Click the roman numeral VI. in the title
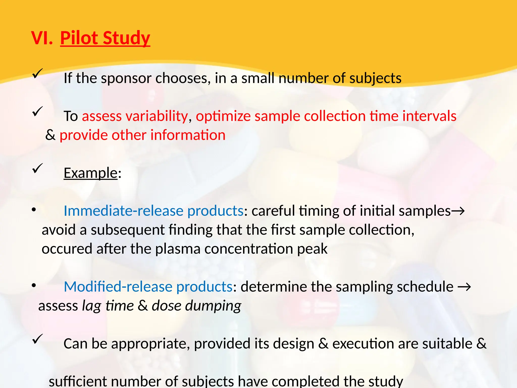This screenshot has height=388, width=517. (x=42, y=38)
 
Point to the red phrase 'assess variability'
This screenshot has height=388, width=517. (x=135, y=116)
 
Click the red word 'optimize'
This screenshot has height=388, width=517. (x=223, y=116)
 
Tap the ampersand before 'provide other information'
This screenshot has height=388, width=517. (x=50, y=135)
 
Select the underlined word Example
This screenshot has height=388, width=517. (x=91, y=173)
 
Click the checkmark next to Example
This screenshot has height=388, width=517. (x=37, y=168)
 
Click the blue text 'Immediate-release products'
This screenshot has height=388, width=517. (x=153, y=211)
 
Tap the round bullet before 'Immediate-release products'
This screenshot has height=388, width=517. (x=34, y=210)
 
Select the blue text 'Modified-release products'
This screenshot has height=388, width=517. (x=148, y=287)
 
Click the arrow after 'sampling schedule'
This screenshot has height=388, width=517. (x=464, y=287)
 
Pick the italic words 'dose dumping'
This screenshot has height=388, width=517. (x=196, y=306)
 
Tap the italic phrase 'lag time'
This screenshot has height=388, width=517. (x=108, y=306)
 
